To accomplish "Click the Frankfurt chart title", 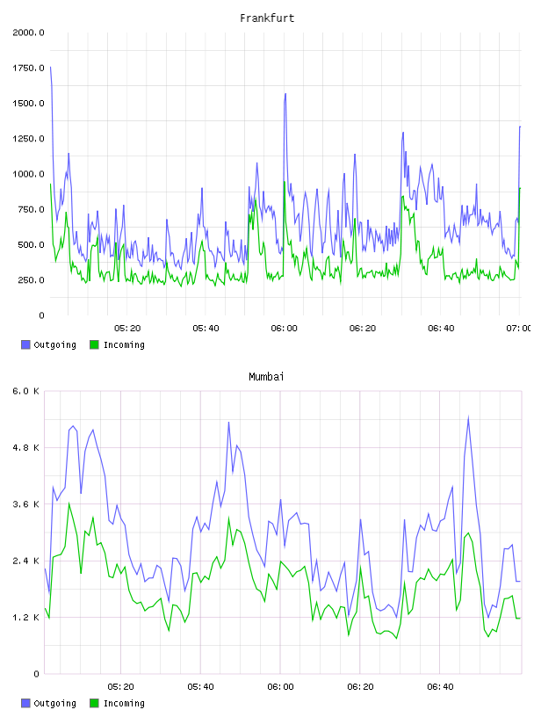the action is click(x=267, y=18).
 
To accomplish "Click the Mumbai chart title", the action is click(x=266, y=377).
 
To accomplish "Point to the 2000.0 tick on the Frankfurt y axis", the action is click(x=28, y=33).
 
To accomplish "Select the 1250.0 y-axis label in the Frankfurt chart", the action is click(x=28, y=139).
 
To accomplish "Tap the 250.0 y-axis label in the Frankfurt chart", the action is click(x=31, y=279).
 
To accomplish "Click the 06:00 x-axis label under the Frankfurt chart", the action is click(x=284, y=328).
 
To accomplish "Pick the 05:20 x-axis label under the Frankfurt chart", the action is click(x=127, y=328).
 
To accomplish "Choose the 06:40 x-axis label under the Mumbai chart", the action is click(x=440, y=686).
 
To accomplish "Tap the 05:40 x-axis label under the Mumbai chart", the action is click(x=200, y=686).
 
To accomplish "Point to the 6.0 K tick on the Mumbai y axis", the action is click(x=26, y=391).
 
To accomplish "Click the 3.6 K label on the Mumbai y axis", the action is click(x=26, y=503).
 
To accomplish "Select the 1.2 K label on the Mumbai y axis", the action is click(x=26, y=618).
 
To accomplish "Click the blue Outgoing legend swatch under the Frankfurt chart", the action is click(x=25, y=344).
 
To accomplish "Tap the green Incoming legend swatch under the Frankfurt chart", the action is click(x=94, y=344).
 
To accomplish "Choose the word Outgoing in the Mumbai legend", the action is click(x=54, y=703).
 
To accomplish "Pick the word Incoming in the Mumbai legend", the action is click(x=124, y=703).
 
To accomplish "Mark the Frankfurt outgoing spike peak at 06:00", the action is click(x=285, y=94).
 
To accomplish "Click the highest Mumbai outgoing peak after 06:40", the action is click(x=468, y=417).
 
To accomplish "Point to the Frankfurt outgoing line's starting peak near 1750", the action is click(x=50, y=67).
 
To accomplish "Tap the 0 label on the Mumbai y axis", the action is click(x=36, y=674).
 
